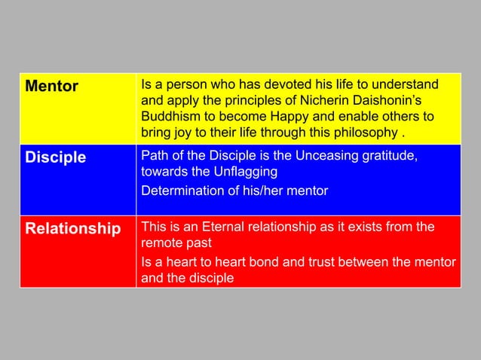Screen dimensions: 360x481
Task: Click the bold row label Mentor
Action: tap(52, 87)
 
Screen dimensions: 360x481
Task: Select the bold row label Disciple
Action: tap(55, 158)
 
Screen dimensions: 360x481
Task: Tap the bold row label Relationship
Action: tap(73, 229)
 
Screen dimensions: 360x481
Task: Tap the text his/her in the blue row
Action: tap(263, 191)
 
